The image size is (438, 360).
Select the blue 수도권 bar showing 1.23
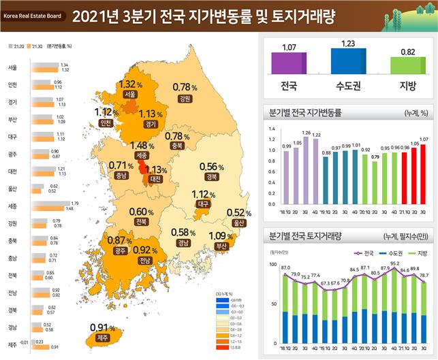348,60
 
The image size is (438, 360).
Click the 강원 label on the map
183,98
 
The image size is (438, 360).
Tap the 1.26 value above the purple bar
306,133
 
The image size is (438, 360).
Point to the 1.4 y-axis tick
271,129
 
